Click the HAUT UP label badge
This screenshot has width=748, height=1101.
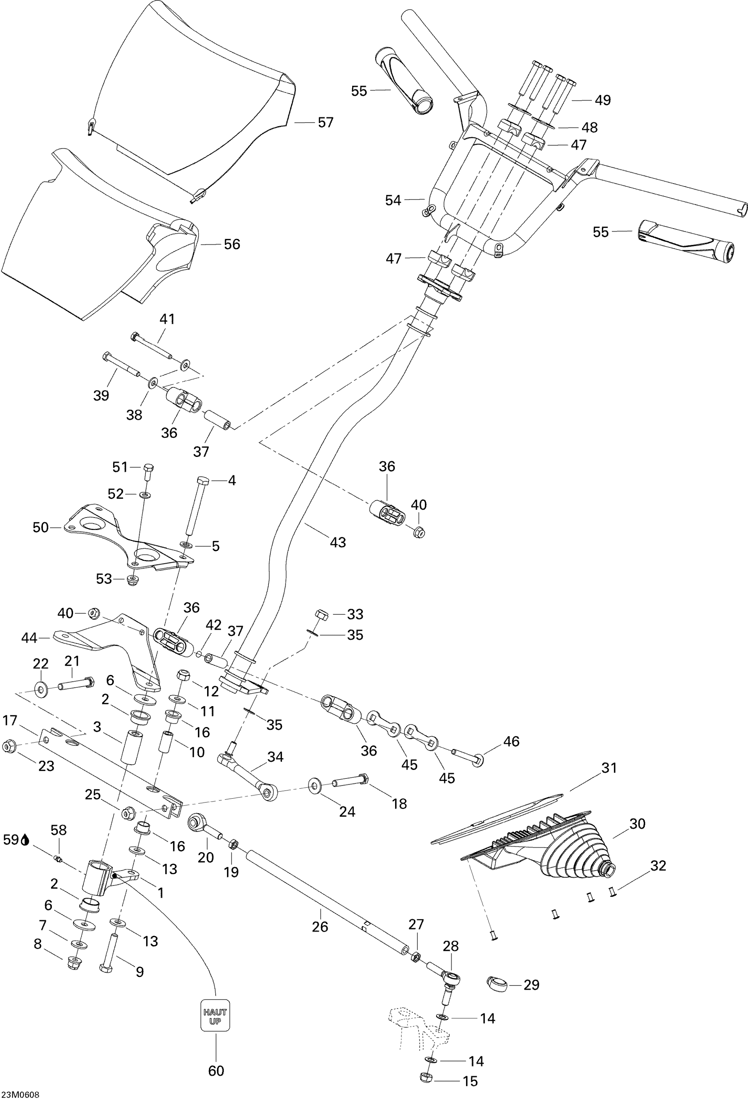[x=215, y=1015]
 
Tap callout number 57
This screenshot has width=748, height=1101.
[x=325, y=123]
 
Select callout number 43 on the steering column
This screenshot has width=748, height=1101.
[x=337, y=542]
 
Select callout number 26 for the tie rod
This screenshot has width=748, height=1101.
[x=320, y=927]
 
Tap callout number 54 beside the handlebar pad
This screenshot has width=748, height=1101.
[x=393, y=200]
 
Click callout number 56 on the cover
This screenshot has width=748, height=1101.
[x=232, y=244]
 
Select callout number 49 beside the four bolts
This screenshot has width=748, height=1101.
[x=603, y=100]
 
